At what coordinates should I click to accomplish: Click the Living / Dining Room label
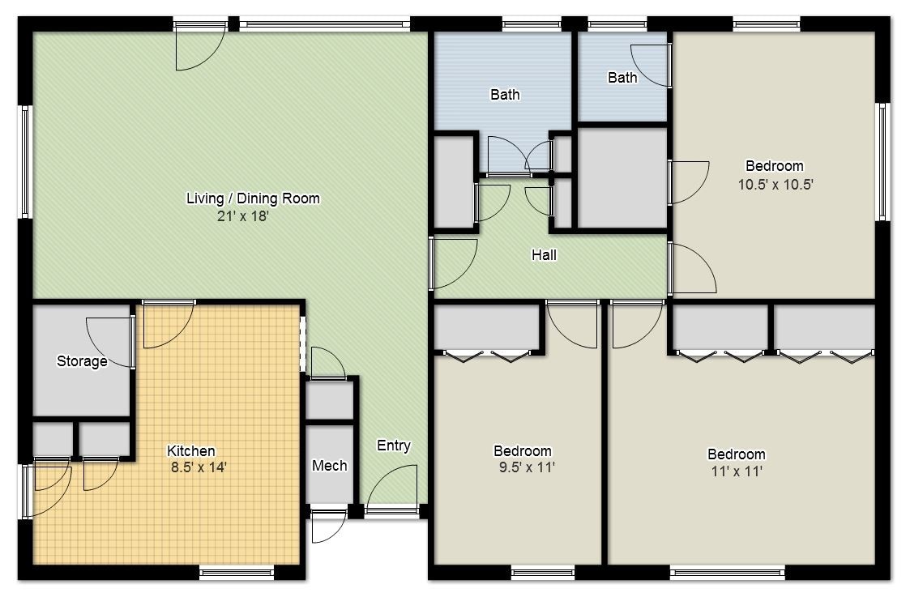[x=253, y=198]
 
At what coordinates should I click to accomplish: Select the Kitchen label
[x=191, y=451]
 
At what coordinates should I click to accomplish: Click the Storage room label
[x=82, y=361]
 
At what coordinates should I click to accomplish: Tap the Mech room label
[x=330, y=466]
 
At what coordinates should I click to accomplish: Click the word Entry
[x=394, y=446]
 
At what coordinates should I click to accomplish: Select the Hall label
[x=544, y=255]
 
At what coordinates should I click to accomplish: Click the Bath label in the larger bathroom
[x=505, y=95]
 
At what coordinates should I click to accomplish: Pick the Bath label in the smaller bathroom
[x=622, y=78]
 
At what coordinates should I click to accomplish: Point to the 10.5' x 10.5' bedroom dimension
[x=775, y=184]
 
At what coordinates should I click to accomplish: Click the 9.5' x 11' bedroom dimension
[x=523, y=467]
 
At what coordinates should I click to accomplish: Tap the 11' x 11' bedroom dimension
[x=736, y=471]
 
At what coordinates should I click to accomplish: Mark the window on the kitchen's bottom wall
[x=226, y=574]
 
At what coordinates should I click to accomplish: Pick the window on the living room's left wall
[x=25, y=162]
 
